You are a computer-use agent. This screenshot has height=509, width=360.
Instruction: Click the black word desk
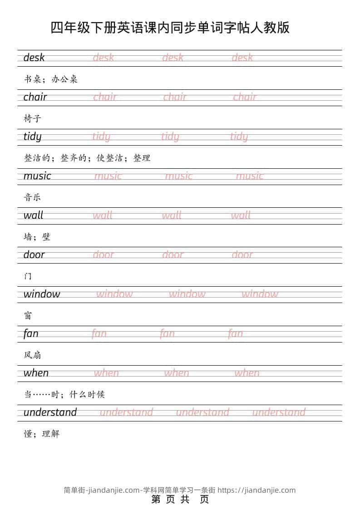(x=34, y=58)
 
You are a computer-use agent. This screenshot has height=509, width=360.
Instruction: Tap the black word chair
(x=35, y=97)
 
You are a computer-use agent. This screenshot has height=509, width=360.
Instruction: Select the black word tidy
(x=32, y=137)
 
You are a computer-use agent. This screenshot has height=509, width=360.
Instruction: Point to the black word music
(x=37, y=176)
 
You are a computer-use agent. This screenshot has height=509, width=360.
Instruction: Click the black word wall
(x=33, y=215)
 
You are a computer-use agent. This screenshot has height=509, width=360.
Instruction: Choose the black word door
(x=34, y=255)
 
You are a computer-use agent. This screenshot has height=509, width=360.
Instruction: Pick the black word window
(x=42, y=294)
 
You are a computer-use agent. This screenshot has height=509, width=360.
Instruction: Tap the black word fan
(x=31, y=333)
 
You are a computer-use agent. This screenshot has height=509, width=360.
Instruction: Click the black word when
(x=36, y=373)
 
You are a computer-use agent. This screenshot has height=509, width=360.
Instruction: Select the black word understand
(x=50, y=412)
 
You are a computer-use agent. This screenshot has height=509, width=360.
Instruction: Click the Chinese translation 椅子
(x=33, y=119)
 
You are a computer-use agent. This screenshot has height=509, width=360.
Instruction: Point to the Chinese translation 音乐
(x=33, y=197)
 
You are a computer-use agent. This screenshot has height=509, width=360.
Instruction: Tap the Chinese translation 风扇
(x=33, y=355)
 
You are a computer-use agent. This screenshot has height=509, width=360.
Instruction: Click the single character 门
(x=28, y=276)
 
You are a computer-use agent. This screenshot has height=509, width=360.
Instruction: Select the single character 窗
(x=28, y=316)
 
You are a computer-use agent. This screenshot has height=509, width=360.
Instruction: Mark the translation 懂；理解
(x=42, y=434)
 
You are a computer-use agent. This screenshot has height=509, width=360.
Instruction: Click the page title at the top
(x=170, y=28)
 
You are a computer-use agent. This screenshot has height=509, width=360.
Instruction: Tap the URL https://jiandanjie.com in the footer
(x=256, y=490)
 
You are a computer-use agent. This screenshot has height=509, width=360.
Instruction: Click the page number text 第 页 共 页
(x=180, y=499)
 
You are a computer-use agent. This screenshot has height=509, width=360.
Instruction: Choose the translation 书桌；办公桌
(x=51, y=79)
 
